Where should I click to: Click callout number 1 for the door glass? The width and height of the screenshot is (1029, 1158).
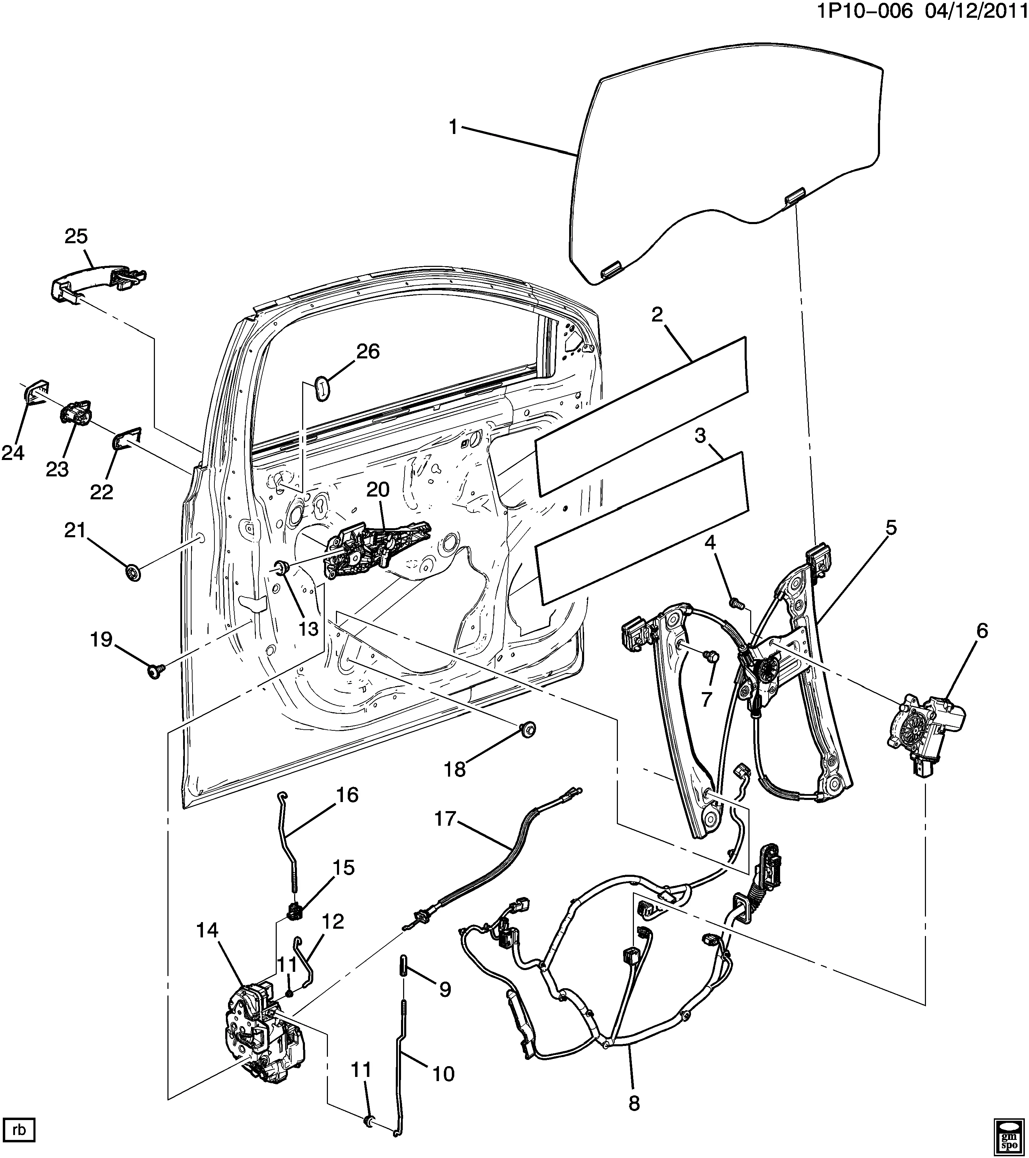(453, 127)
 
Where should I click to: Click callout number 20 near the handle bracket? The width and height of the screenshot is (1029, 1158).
(378, 490)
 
